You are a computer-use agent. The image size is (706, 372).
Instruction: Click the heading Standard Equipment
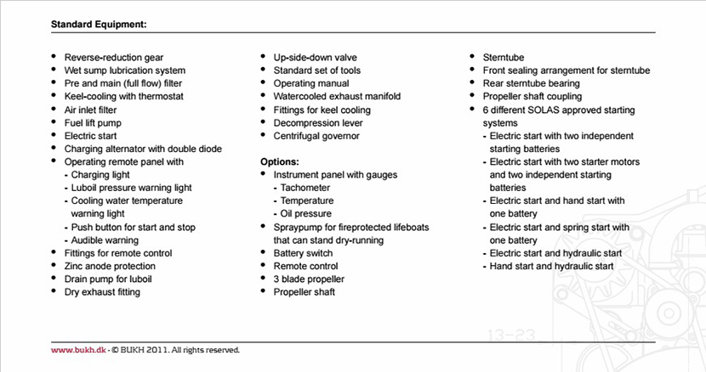[x=99, y=24]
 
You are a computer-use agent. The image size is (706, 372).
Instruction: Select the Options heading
[x=281, y=161]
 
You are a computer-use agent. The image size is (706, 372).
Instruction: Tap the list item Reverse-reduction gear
[x=115, y=58]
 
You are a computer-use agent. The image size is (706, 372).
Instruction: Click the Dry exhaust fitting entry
[x=102, y=292]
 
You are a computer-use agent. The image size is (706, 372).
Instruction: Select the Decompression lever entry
[x=317, y=122]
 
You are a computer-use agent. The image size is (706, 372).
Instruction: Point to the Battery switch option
[x=303, y=253]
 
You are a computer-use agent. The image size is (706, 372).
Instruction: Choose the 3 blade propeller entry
[x=309, y=279]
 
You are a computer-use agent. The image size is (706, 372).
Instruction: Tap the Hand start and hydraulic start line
[x=550, y=266]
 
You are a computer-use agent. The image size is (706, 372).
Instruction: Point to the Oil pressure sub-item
[x=305, y=214]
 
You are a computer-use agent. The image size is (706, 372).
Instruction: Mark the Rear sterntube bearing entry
[x=531, y=84]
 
